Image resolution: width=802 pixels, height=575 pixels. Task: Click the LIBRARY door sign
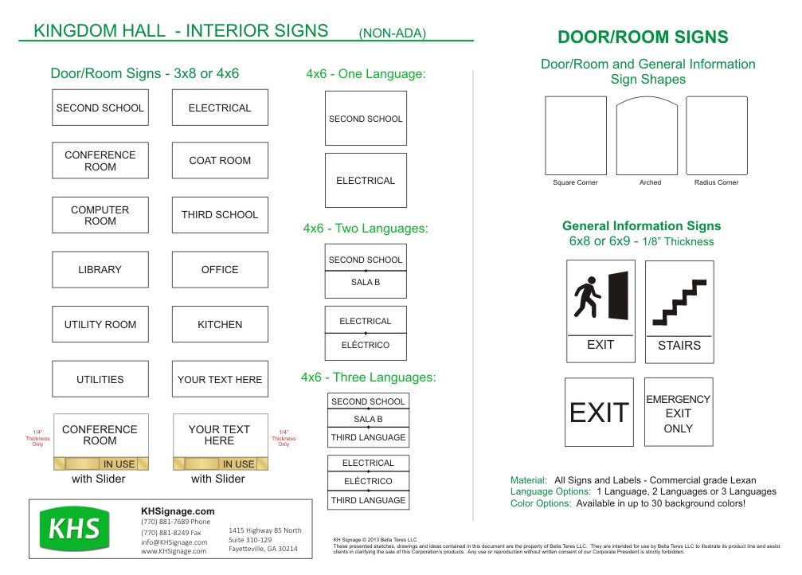pyautogui.click(x=100, y=270)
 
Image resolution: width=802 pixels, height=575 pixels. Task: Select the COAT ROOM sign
pyautogui.click(x=220, y=160)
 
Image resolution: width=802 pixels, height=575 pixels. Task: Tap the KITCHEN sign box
pyautogui.click(x=220, y=325)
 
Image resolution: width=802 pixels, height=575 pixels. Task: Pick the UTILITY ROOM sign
pyautogui.click(x=100, y=325)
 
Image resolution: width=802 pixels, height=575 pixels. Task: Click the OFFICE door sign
pyautogui.click(x=220, y=270)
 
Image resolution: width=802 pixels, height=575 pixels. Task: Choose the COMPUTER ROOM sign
pyautogui.click(x=100, y=215)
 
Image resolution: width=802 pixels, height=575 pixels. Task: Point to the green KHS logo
pyautogui.click(x=75, y=529)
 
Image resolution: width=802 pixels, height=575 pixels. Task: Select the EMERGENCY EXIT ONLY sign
pyautogui.click(x=679, y=413)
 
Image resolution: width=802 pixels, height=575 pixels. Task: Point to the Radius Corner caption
pyautogui.click(x=716, y=183)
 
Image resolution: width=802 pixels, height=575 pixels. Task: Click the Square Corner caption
pyautogui.click(x=575, y=183)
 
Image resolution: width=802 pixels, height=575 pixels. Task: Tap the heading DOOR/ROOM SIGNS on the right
pyautogui.click(x=643, y=37)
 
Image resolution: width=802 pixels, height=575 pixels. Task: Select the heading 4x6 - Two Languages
pyautogui.click(x=366, y=229)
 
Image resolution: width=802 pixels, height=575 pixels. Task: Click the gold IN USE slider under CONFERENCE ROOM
pyautogui.click(x=100, y=464)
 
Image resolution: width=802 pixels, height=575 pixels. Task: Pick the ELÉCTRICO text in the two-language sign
pyautogui.click(x=366, y=345)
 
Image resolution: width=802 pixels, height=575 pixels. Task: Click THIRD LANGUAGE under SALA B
pyautogui.click(x=368, y=437)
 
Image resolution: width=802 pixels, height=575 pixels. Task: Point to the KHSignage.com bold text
pyautogui.click(x=178, y=511)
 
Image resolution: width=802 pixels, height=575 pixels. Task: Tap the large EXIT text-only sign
pyautogui.click(x=599, y=413)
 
